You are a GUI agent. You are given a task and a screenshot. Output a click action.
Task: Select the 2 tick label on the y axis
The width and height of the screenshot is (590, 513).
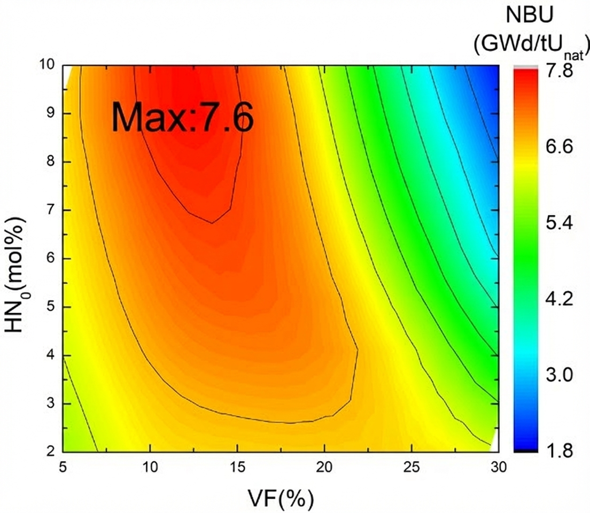52,452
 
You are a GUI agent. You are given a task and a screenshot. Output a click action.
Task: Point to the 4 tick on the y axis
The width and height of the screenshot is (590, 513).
52,355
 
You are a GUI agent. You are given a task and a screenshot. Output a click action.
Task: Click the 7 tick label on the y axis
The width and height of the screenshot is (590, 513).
52,210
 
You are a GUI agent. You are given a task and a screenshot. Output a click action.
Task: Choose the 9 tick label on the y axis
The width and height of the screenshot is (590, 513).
52,113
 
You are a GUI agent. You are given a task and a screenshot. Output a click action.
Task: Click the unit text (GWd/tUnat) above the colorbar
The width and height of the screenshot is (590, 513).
531,45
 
